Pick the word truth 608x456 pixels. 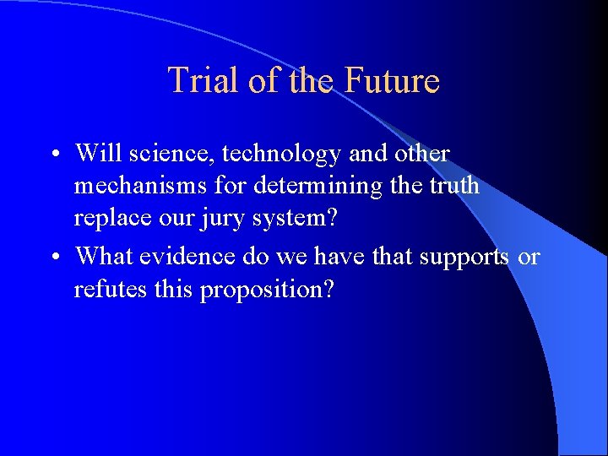[x=453, y=186]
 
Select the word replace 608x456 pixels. [x=107, y=219]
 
